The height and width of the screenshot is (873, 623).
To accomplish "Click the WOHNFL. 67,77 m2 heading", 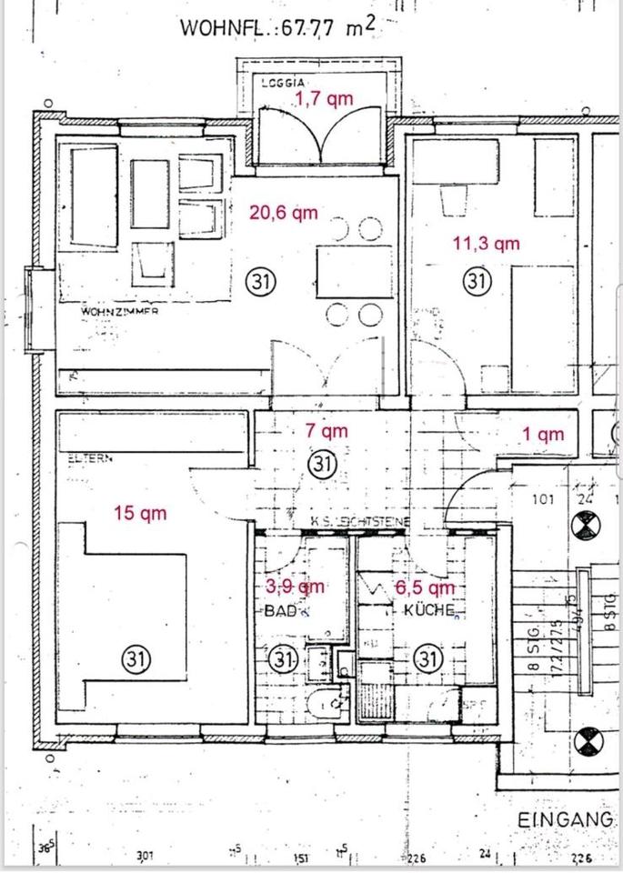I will click(x=277, y=26).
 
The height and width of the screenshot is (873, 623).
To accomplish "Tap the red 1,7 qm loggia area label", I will click(x=323, y=99).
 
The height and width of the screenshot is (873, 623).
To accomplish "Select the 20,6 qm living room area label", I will click(x=284, y=213).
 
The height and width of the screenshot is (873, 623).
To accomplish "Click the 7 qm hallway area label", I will click(x=327, y=432).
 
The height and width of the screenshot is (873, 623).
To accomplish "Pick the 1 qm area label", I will click(x=543, y=435).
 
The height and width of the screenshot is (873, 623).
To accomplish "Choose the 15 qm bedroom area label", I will click(x=140, y=513).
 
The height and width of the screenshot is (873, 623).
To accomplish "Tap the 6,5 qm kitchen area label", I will click(x=427, y=587).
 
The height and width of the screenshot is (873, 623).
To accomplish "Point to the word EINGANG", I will click(x=564, y=819).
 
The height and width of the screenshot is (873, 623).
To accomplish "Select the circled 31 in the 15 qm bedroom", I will click(x=139, y=657).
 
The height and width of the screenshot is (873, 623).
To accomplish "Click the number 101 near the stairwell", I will click(x=543, y=499).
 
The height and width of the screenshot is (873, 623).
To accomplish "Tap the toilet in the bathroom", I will click(x=325, y=703).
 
